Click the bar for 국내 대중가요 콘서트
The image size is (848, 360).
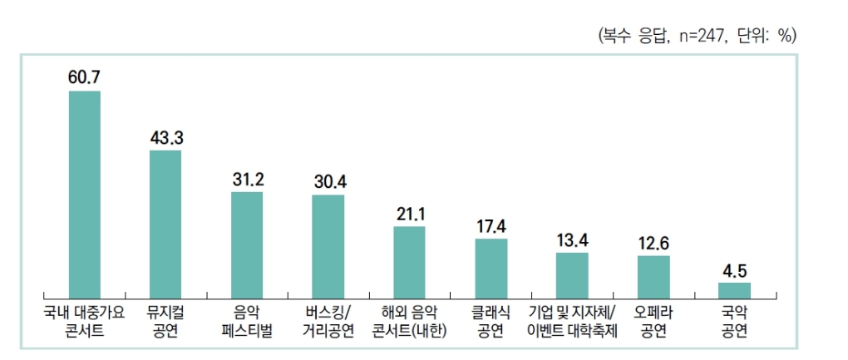coord(84,193)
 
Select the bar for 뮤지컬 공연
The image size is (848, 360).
coord(165,223)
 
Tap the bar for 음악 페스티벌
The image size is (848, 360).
coord(247,244)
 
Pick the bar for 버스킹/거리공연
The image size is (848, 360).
coord(328,245)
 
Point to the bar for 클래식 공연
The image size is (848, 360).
coord(491,267)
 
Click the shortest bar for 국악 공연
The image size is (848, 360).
coord(735,289)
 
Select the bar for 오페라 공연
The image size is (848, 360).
coord(653,275)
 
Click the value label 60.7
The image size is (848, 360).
coord(84,77)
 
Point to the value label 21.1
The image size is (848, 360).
coord(410,213)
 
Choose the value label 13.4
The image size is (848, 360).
coord(573,240)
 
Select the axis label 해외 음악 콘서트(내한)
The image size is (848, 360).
coord(409,322)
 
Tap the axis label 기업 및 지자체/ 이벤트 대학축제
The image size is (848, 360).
coord(572,322)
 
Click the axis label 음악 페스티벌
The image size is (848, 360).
coord(247,322)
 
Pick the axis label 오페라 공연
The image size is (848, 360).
coord(653,322)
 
